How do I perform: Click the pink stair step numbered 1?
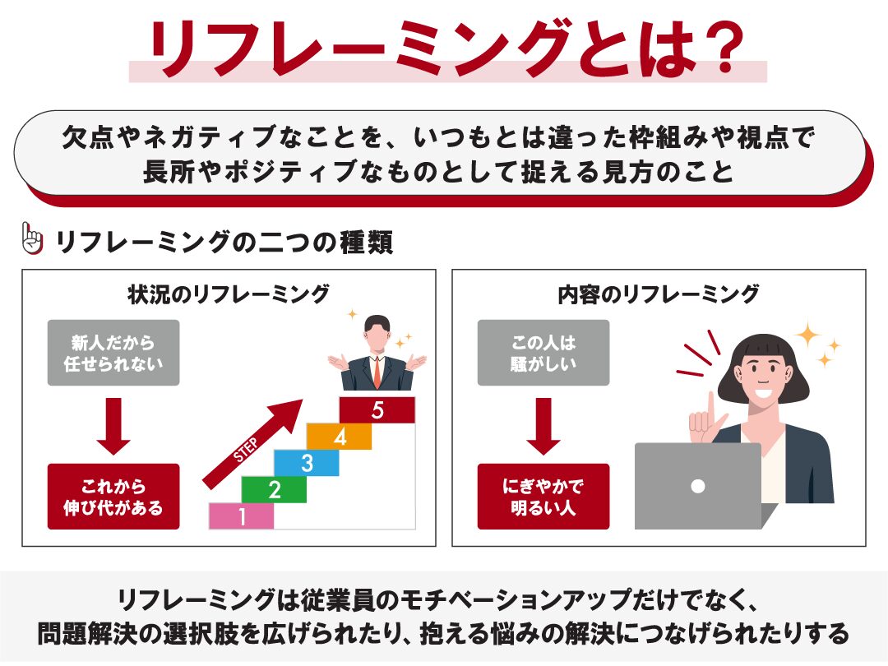tap(242, 516)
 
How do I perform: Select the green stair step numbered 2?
tap(274, 489)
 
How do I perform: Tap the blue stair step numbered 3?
tap(307, 463)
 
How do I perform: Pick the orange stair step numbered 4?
tap(340, 437)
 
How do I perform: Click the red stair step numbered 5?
tap(377, 410)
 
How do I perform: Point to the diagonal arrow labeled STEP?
tap(252, 443)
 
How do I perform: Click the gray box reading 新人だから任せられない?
tap(113, 353)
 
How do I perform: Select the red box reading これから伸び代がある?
tap(113, 497)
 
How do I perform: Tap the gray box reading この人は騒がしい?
tap(543, 353)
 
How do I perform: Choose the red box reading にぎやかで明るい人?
tap(543, 497)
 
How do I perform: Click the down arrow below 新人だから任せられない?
tap(113, 426)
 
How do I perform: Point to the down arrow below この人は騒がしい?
tap(543, 426)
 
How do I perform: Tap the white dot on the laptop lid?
tap(698, 486)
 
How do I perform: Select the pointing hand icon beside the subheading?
tap(32, 238)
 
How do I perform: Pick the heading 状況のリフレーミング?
tap(229, 294)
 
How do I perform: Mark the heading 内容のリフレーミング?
tap(658, 294)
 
